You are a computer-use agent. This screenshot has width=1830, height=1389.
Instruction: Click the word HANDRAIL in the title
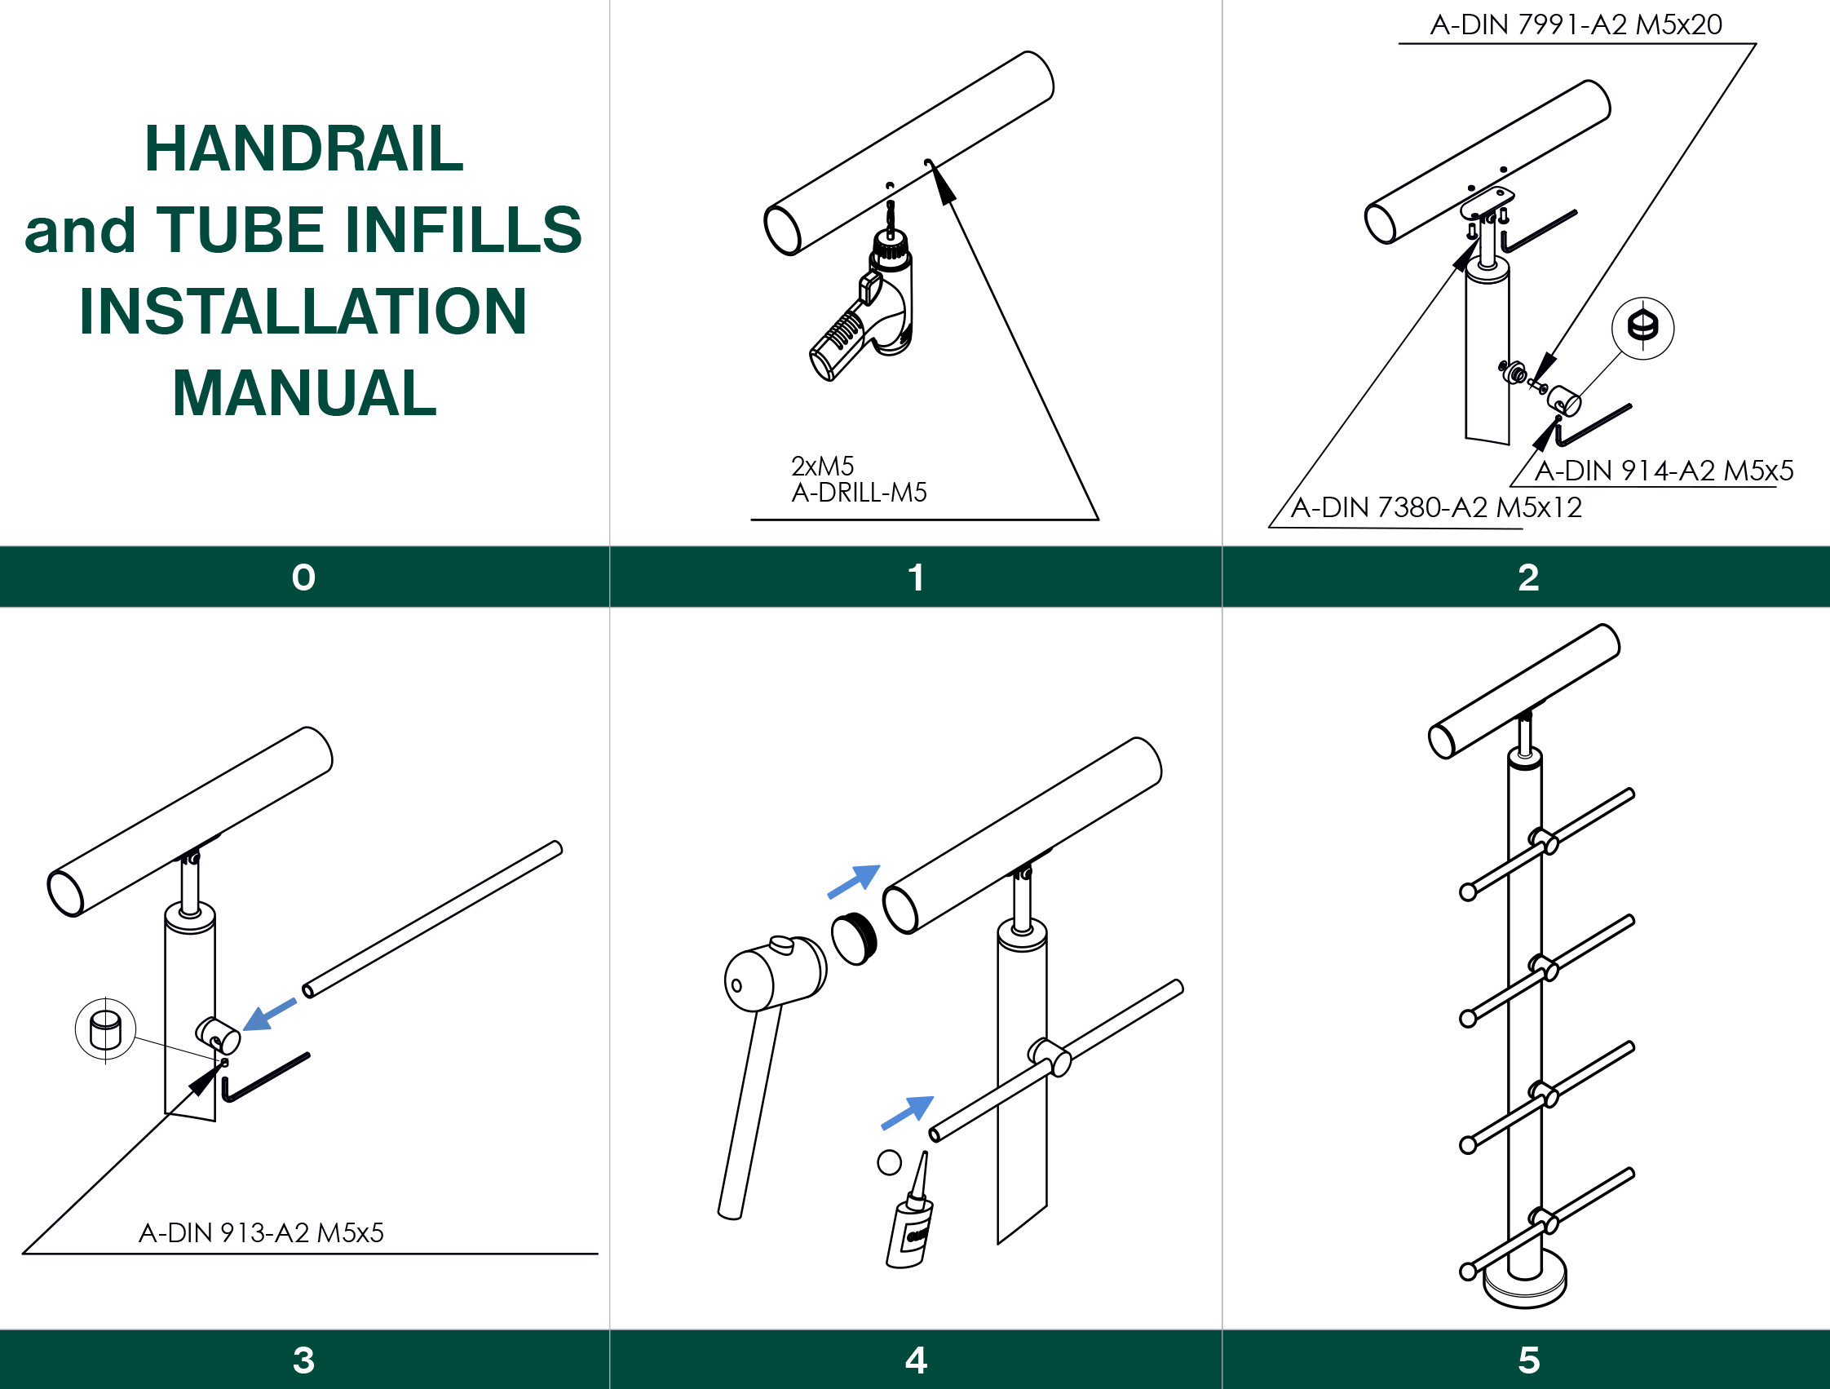303,149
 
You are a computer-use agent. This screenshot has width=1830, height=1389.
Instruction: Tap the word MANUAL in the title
304,393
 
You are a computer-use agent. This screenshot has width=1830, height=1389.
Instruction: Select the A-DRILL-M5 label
859,493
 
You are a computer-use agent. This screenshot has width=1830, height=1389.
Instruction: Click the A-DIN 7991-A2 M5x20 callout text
1576,24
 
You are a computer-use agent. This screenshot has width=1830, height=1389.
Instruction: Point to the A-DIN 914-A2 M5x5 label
1664,471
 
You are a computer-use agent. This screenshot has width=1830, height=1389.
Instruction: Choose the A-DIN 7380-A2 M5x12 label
1436,507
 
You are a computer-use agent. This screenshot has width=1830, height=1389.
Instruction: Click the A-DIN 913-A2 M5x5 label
262,1233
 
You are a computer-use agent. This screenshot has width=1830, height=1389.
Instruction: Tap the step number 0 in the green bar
303,577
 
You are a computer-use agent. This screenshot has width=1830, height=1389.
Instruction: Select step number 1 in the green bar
916,577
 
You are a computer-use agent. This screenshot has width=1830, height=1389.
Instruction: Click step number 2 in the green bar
1528,577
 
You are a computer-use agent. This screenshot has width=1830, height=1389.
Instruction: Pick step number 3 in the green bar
303,1360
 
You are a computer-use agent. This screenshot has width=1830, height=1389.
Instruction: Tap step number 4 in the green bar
916,1360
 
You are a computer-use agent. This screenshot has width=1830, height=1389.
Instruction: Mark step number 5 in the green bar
1528,1360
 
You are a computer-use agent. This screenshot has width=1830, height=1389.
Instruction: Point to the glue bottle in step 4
910,1214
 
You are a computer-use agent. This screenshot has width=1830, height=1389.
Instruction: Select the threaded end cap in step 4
855,938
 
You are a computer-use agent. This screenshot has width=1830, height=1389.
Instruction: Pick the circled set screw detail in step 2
1643,328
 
